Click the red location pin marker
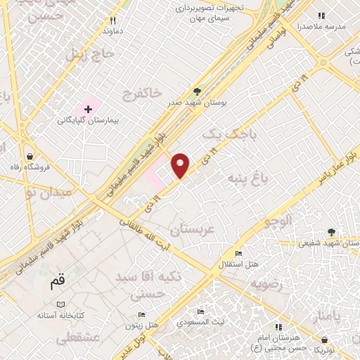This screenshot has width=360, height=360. (x=181, y=165)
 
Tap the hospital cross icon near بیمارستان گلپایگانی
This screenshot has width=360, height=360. (x=88, y=109)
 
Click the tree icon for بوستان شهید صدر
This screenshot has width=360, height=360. (x=197, y=91)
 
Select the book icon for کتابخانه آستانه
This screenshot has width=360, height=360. (x=61, y=304)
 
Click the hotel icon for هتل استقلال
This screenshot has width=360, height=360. (x=238, y=253)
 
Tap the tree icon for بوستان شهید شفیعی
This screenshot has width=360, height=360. (x=330, y=232)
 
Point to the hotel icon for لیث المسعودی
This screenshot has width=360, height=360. (x=200, y=312)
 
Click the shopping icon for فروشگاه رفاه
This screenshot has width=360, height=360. (x=30, y=156)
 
